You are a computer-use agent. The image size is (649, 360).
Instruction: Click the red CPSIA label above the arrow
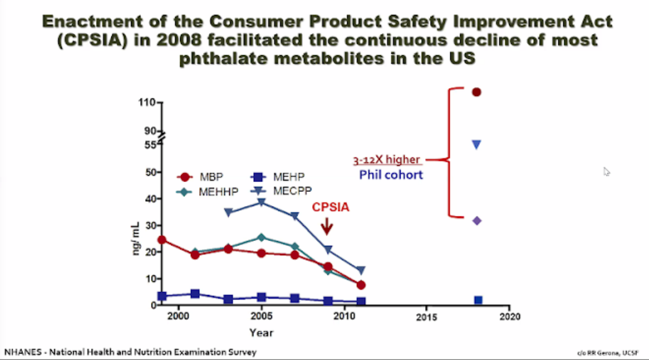click(331, 207)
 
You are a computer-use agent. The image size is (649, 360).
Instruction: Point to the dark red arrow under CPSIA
click(327, 227)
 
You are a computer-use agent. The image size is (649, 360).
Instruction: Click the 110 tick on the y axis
click(148, 102)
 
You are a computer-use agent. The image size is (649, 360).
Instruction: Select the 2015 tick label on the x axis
click(426, 317)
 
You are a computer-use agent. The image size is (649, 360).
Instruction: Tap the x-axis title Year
click(261, 333)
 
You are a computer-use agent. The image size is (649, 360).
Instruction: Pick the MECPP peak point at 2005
click(262, 202)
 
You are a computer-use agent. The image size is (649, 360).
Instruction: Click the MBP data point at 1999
click(162, 240)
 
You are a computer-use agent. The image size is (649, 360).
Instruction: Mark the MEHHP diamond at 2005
click(262, 237)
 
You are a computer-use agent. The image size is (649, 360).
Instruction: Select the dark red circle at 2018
click(476, 92)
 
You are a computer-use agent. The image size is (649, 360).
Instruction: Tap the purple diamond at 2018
click(477, 220)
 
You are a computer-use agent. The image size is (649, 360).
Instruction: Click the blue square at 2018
click(478, 300)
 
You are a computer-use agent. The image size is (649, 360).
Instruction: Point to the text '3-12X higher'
click(386, 160)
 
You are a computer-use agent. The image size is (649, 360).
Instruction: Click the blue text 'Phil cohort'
click(391, 175)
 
